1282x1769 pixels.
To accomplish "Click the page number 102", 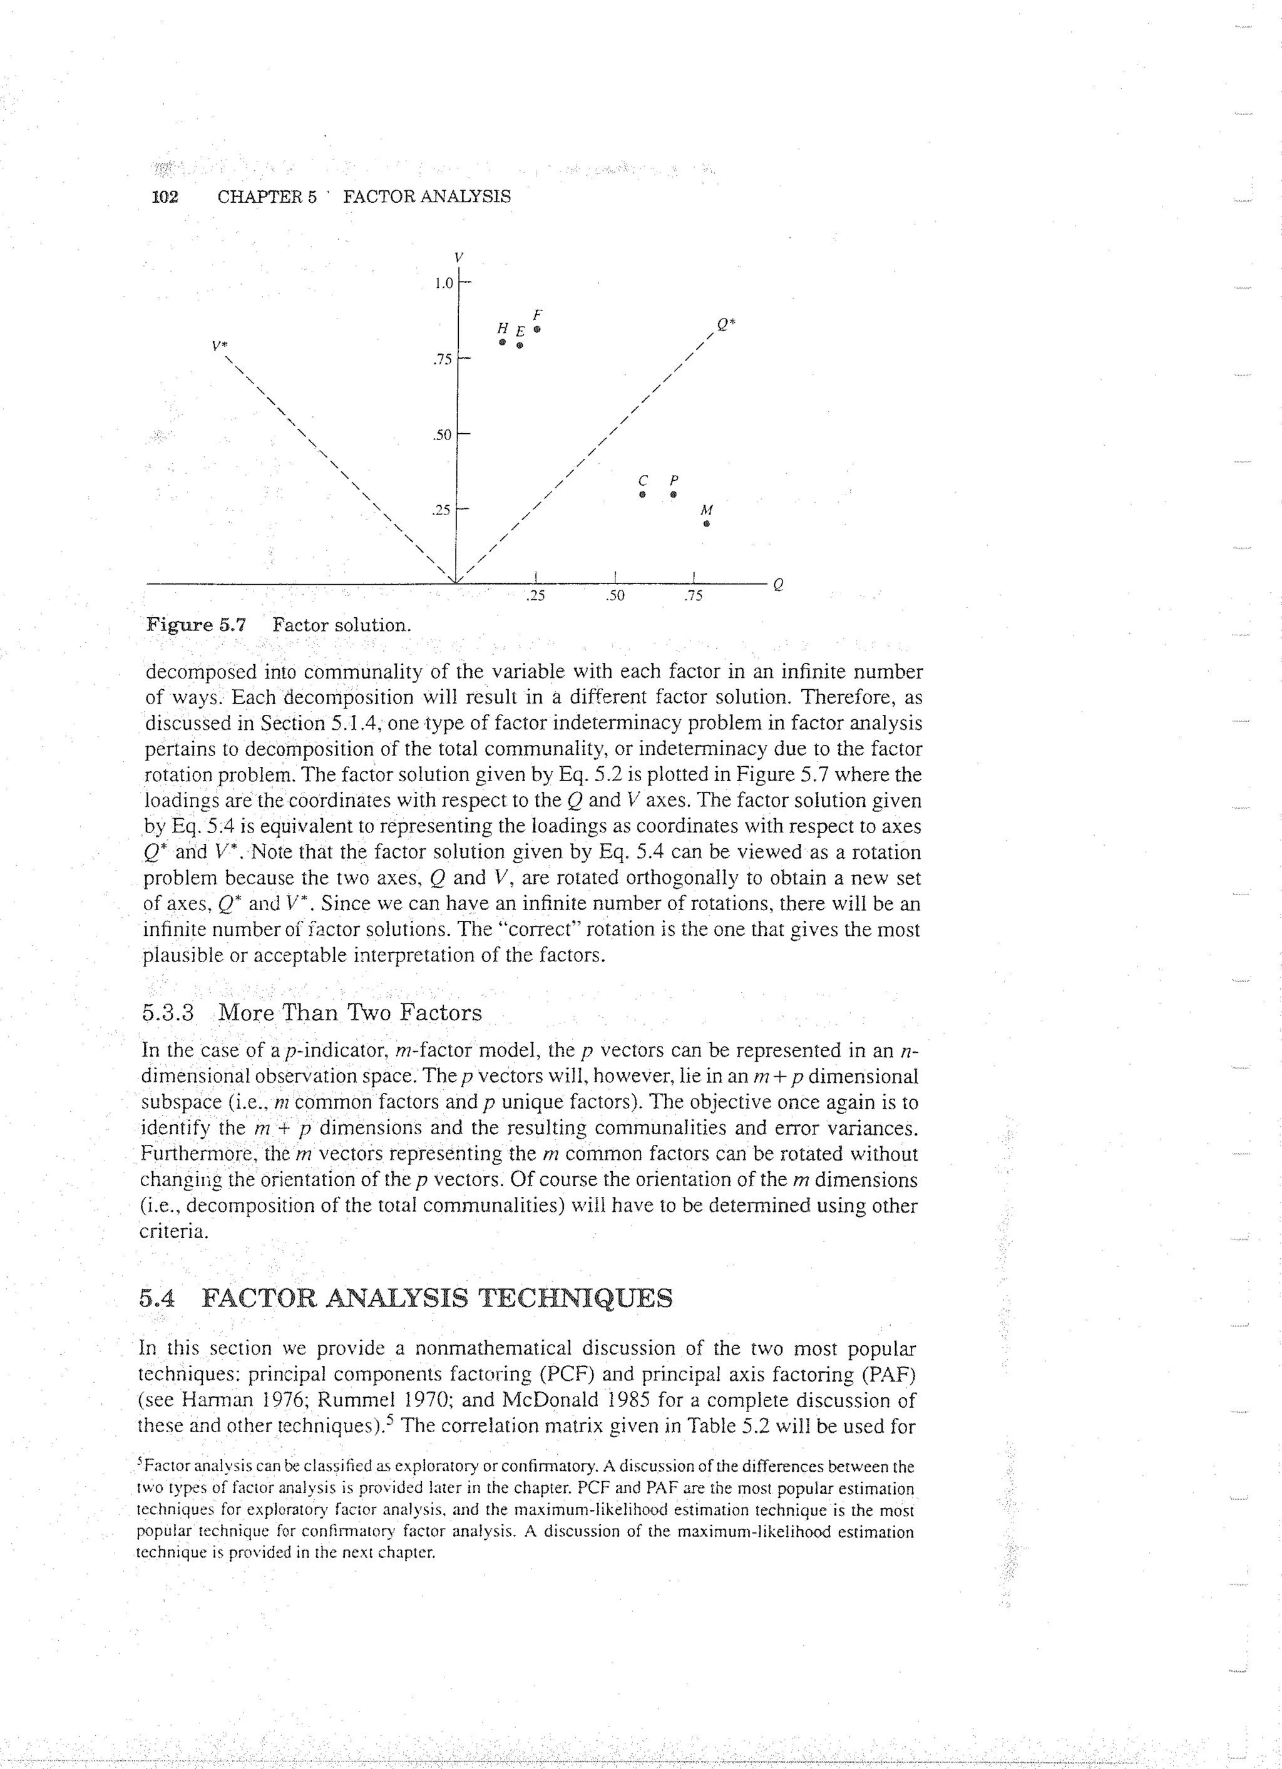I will pyautogui.click(x=165, y=197).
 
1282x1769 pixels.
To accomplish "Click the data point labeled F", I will pyautogui.click(x=536, y=330).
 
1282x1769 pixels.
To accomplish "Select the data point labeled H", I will pyautogui.click(x=503, y=342).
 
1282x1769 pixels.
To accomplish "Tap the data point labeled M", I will pyautogui.click(x=707, y=524).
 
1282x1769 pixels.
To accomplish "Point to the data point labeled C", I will pyautogui.click(x=642, y=495).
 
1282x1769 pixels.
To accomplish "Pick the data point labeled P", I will pyautogui.click(x=674, y=495).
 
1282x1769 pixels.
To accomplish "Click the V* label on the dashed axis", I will pyautogui.click(x=220, y=344).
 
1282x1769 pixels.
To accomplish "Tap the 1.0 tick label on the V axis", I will pyautogui.click(x=444, y=283).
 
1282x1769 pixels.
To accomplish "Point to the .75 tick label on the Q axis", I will pyautogui.click(x=692, y=597).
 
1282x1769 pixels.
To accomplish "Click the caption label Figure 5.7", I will pyautogui.click(x=197, y=625).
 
